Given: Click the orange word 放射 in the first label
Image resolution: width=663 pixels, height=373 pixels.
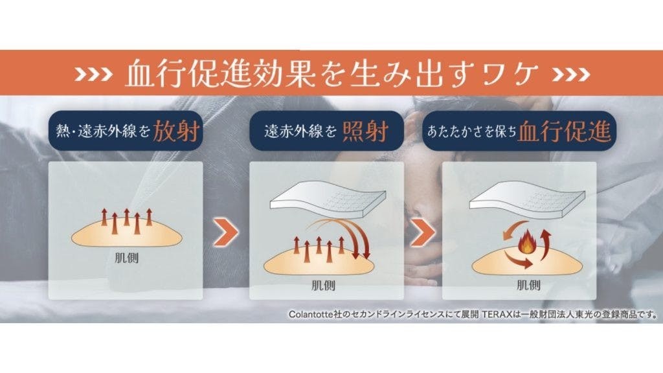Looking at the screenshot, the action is tap(175, 131).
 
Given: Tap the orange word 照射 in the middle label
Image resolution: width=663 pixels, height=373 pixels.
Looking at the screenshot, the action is tap(365, 131).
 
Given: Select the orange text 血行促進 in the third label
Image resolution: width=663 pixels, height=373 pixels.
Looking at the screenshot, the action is tap(564, 131).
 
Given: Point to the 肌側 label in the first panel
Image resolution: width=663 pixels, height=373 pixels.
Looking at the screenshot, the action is tap(126, 257).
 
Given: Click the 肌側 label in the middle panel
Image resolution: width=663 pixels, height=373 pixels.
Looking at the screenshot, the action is tap(324, 285).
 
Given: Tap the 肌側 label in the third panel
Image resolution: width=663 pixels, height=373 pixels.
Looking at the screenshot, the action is tap(528, 285).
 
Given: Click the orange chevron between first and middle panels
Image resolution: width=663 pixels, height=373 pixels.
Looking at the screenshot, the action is tap(226, 232).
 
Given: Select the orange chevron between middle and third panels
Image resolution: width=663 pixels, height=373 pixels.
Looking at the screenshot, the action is tap(422, 232).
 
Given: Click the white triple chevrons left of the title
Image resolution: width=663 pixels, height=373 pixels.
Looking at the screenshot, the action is tap(93, 74).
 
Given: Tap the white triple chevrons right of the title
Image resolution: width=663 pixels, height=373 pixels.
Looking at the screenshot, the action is tap(571, 74).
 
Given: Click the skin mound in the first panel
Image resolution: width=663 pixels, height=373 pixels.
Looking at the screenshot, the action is tap(126, 236).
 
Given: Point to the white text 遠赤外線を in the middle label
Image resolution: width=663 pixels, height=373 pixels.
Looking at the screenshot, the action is tap(300, 131).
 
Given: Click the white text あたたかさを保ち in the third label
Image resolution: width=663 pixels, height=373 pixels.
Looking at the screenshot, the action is tap(472, 131).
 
